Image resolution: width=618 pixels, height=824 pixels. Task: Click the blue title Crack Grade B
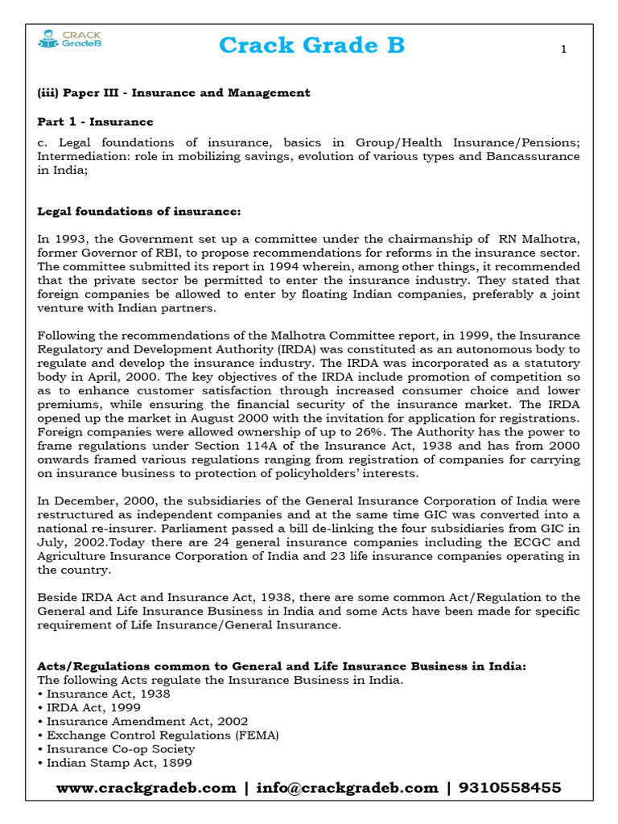[311, 47]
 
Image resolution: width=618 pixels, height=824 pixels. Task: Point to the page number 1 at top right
[563, 50]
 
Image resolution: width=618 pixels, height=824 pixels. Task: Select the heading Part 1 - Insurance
[95, 122]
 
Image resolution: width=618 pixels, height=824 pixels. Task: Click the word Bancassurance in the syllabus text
[532, 156]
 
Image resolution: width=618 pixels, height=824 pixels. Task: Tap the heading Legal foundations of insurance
[138, 212]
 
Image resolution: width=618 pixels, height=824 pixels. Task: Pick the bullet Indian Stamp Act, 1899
[119, 762]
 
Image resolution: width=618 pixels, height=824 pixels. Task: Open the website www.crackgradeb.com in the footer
[146, 788]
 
